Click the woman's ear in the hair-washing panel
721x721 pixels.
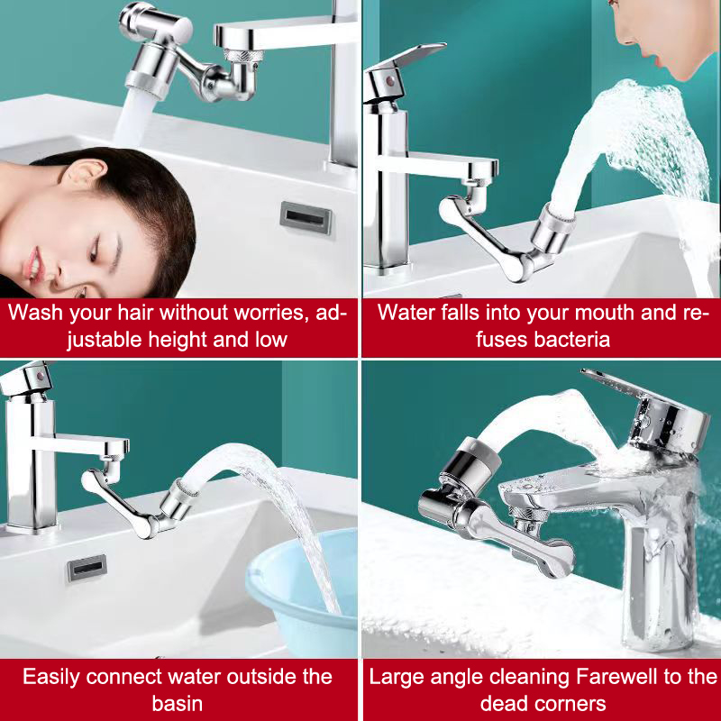[x=82, y=176]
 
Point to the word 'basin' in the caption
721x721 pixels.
[x=178, y=704]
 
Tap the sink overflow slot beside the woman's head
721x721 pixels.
[x=306, y=217]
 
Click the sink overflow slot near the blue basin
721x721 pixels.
[x=87, y=567]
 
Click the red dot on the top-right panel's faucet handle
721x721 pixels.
[x=390, y=82]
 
